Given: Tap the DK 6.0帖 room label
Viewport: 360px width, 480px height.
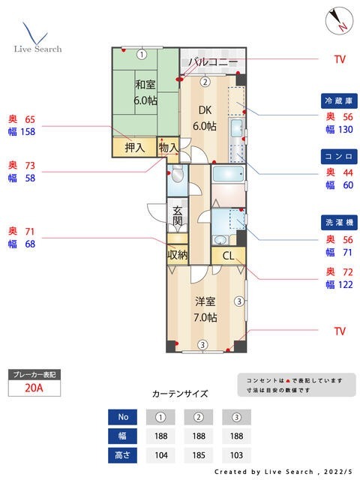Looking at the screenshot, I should [x=205, y=118].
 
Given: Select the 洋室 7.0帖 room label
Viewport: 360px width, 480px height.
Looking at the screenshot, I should [x=205, y=309].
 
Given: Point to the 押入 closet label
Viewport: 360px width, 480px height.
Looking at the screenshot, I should [x=135, y=148].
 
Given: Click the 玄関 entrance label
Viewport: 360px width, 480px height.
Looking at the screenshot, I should [x=177, y=216].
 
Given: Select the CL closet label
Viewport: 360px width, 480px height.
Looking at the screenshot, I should [x=228, y=255].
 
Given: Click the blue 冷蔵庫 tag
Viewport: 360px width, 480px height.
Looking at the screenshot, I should [x=337, y=100].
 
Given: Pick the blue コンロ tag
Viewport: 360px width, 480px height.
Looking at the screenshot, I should [x=337, y=156].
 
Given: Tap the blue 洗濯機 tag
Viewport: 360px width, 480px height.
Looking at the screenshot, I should [x=337, y=223].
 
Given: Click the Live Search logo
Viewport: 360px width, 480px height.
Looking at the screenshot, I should [x=37, y=37].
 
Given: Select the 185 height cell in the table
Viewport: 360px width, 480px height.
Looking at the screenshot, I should [x=199, y=454].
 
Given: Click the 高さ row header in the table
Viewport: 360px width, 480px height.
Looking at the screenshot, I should [x=122, y=454].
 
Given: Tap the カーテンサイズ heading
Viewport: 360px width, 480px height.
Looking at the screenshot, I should [x=180, y=393].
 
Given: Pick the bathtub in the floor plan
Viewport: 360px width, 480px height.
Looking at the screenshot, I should [x=228, y=175].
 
